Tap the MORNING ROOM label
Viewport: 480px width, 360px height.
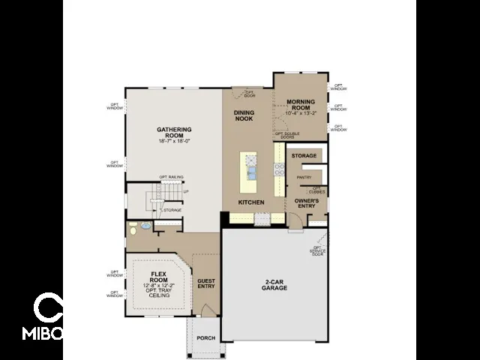click(300, 104)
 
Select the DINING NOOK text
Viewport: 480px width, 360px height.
click(244, 115)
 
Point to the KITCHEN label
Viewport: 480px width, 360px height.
click(251, 202)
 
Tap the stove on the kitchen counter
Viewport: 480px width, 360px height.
click(279, 169)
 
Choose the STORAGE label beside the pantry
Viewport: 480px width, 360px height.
click(304, 155)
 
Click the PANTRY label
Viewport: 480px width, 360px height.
click(304, 177)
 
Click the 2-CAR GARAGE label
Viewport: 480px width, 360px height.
click(275, 285)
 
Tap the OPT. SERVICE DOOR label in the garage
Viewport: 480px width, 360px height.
click(318, 251)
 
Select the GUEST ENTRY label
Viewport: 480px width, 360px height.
click(206, 284)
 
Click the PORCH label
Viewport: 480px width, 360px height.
click(206, 338)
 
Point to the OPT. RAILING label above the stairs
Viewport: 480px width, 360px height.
click(171, 177)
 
